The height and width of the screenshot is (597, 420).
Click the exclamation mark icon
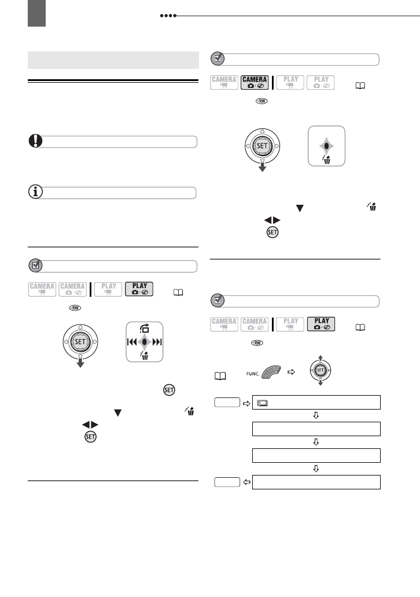pyautogui.click(x=36, y=142)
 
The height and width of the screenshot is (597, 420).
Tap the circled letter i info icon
pyautogui.click(x=36, y=193)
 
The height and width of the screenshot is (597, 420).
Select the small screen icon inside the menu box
pyautogui.click(x=261, y=402)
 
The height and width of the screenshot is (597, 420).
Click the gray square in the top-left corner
pyautogui.click(x=36, y=13)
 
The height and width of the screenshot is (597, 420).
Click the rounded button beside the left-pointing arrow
pyautogui.click(x=226, y=482)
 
